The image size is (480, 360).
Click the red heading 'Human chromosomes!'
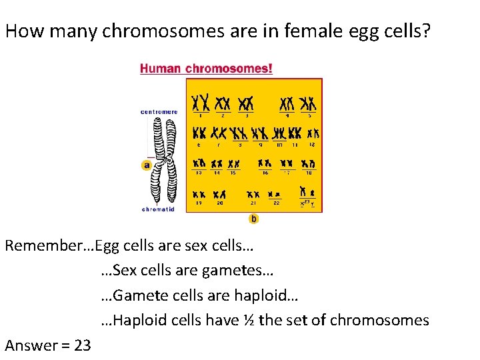tap(206, 68)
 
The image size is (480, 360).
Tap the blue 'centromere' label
tap(159, 112)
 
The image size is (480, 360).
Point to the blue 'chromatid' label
tap(158, 209)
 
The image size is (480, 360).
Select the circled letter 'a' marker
tap(146, 165)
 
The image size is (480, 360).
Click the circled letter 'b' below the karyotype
tap(254, 219)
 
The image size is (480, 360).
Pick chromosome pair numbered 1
tap(200, 103)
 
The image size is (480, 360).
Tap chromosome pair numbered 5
tap(308, 103)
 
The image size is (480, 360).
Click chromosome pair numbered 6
tap(199, 133)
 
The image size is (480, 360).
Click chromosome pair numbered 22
tap(274, 194)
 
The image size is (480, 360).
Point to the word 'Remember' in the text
tap(39, 245)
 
